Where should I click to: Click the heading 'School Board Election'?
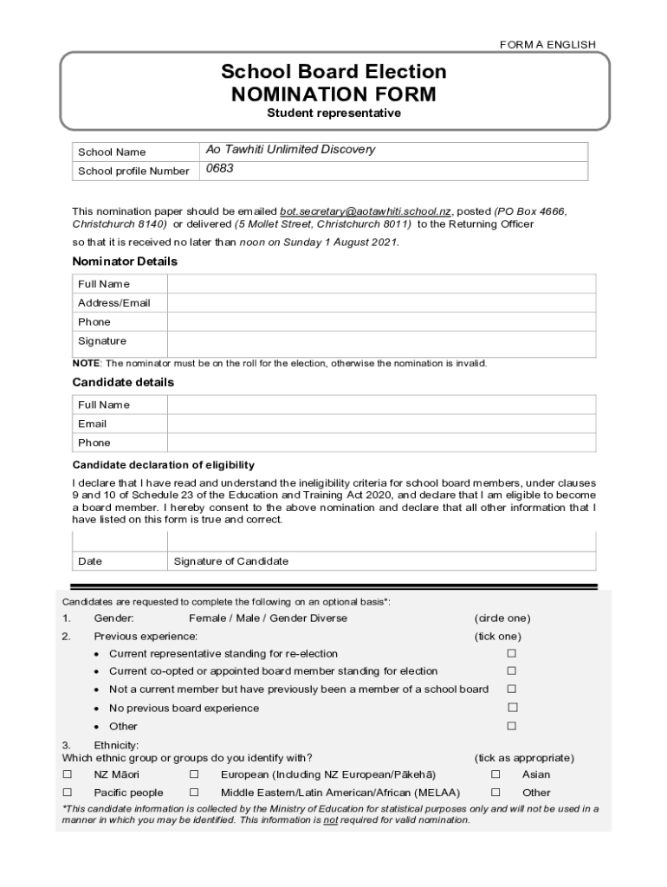[x=333, y=72]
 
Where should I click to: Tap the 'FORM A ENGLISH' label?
[x=547, y=44]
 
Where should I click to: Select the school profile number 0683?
[x=219, y=169]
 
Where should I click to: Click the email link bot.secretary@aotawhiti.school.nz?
[x=366, y=211]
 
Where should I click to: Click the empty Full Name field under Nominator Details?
[x=381, y=284]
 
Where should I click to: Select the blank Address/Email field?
[x=381, y=303]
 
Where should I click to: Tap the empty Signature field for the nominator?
[x=381, y=343]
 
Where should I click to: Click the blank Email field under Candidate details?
[x=381, y=424]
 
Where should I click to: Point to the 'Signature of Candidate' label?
[x=230, y=561]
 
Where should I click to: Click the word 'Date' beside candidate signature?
[x=90, y=561]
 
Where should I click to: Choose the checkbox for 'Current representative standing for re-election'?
[x=512, y=653]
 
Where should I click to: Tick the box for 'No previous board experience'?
[x=512, y=708]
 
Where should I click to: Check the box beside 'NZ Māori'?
[x=68, y=774]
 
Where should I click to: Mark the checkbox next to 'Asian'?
[x=495, y=774]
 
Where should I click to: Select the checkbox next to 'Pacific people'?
[x=68, y=792]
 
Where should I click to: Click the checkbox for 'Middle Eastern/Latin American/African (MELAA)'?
[x=194, y=792]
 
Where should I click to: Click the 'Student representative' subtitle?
[x=333, y=113]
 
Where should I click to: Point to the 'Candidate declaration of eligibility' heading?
[x=163, y=465]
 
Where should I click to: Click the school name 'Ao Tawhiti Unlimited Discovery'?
[x=290, y=150]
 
